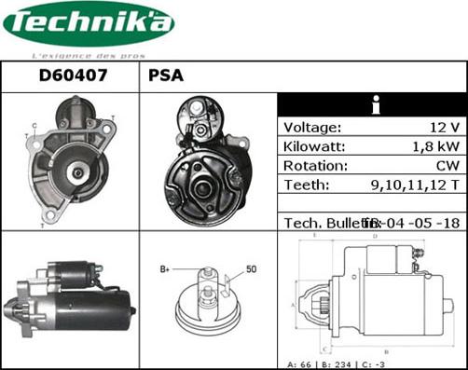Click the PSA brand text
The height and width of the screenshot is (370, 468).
[165, 76]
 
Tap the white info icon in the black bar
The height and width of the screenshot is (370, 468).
[372, 105]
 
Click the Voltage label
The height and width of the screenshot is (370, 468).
[312, 128]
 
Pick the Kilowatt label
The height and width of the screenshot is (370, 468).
[314, 147]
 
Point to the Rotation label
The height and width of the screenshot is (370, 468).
[315, 166]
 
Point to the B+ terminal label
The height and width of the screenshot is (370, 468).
[165, 269]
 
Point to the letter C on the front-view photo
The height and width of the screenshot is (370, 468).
[34, 125]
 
